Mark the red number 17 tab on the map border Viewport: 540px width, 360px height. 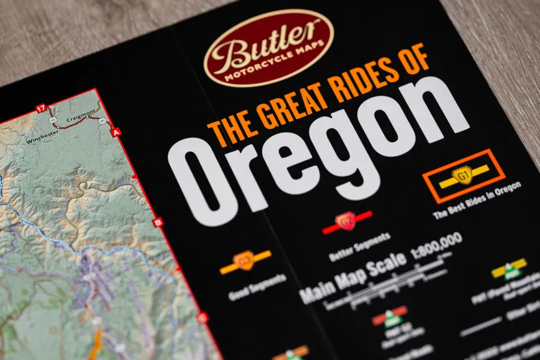[40, 108]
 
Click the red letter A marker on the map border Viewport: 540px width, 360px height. [116, 131]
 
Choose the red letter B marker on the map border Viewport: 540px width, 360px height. [158, 222]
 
